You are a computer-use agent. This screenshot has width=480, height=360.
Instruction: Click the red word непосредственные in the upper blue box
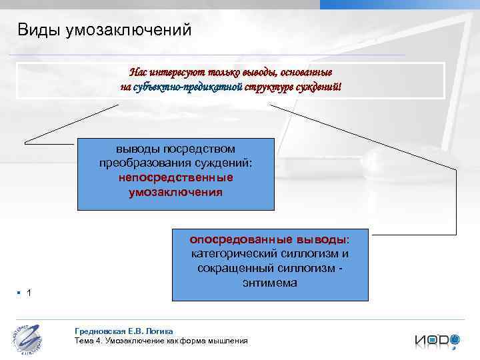pos(176,178)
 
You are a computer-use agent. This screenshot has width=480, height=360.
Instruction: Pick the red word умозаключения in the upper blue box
pos(176,192)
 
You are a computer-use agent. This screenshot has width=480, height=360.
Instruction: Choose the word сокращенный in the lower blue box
pos(231,268)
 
